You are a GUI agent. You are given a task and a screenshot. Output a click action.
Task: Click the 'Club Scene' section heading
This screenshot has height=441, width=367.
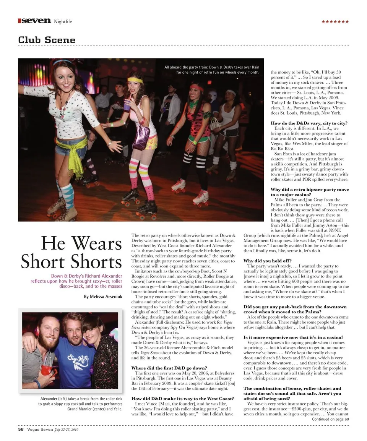pyautogui.click(x=47, y=40)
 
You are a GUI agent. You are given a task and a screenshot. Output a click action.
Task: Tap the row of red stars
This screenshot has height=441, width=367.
pyautogui.click(x=335, y=21)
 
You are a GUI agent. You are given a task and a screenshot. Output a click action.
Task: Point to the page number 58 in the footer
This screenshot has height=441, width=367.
pyautogui.click(x=21, y=429)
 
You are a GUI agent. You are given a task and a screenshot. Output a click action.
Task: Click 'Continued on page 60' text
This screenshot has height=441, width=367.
pyautogui.click(x=330, y=419)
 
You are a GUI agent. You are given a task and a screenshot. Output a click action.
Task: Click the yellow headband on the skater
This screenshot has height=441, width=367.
pyautogui.click(x=135, y=80)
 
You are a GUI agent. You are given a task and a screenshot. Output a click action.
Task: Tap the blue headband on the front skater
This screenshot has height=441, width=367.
pyautogui.click(x=62, y=62)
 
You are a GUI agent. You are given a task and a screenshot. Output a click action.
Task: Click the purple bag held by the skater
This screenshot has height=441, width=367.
pyautogui.click(x=141, y=137)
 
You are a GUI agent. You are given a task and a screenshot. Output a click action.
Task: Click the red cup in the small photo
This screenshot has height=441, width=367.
pyautogui.click(x=47, y=370)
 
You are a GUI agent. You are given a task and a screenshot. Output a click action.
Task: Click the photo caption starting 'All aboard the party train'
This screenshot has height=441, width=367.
pyautogui.click(x=212, y=70)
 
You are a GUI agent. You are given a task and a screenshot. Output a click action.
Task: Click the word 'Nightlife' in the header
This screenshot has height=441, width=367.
pyautogui.click(x=63, y=21)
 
